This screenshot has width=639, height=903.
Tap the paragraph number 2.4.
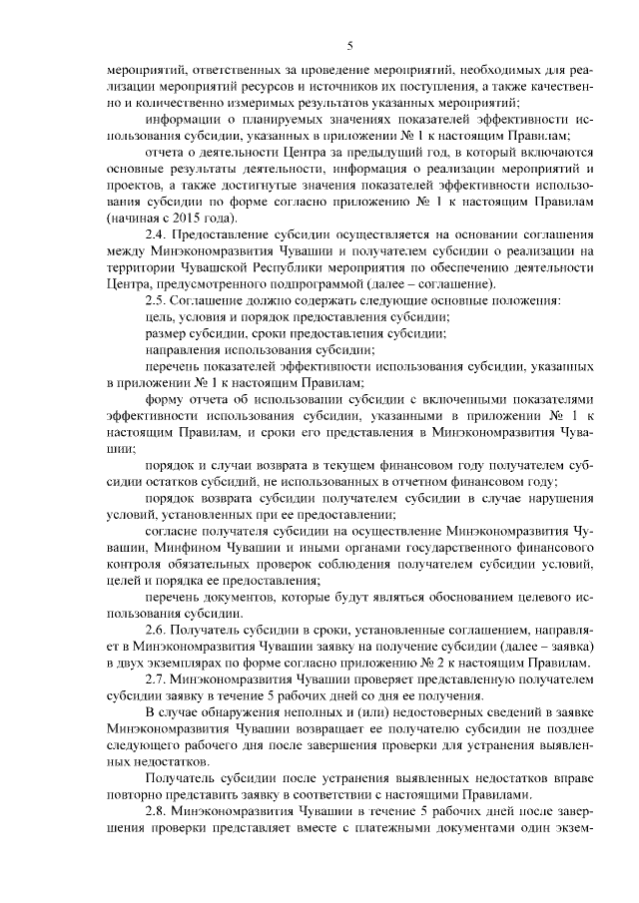(x=156, y=233)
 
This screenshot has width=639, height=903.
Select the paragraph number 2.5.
(x=156, y=301)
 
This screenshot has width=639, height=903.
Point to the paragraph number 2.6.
(x=156, y=631)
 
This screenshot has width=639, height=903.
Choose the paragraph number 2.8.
(x=156, y=810)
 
